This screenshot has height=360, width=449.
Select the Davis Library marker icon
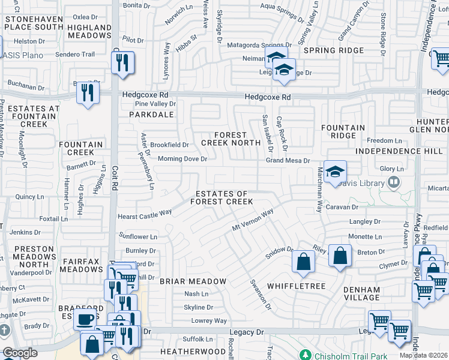click(394, 181)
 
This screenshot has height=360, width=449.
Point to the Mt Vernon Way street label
click(253, 220)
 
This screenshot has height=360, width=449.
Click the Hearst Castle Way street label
click(144, 214)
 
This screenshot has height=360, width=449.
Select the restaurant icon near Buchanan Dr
click(88, 93)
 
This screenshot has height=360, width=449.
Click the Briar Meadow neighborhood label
click(193, 281)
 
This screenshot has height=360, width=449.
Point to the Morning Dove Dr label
click(182, 159)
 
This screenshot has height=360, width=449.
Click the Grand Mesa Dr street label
click(288, 161)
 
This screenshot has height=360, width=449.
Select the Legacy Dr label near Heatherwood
click(246, 331)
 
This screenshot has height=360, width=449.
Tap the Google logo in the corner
click(19, 353)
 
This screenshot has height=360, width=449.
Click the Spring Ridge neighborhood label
click(334, 50)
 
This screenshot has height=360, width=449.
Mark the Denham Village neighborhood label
click(362, 294)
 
